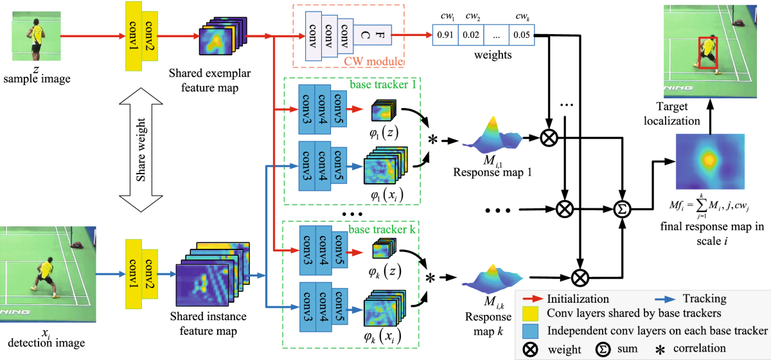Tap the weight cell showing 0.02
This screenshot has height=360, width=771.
click(471, 35)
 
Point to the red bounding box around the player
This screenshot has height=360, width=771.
click(708, 53)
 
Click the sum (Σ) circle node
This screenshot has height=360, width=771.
click(621, 208)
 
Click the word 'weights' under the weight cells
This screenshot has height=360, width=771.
click(493, 55)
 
